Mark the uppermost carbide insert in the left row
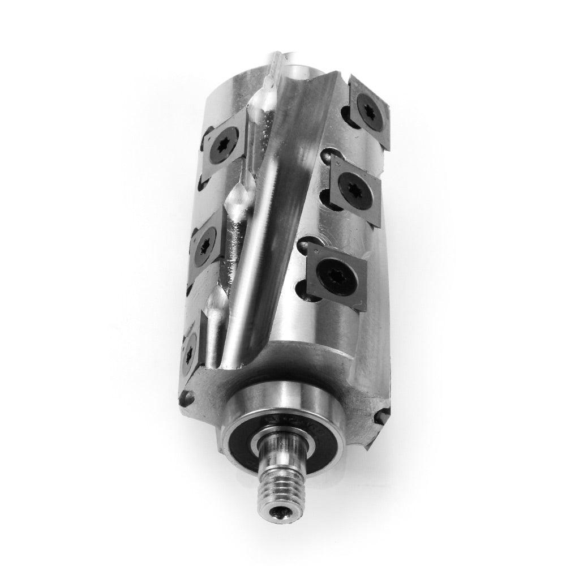pyautogui.click(x=224, y=139)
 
